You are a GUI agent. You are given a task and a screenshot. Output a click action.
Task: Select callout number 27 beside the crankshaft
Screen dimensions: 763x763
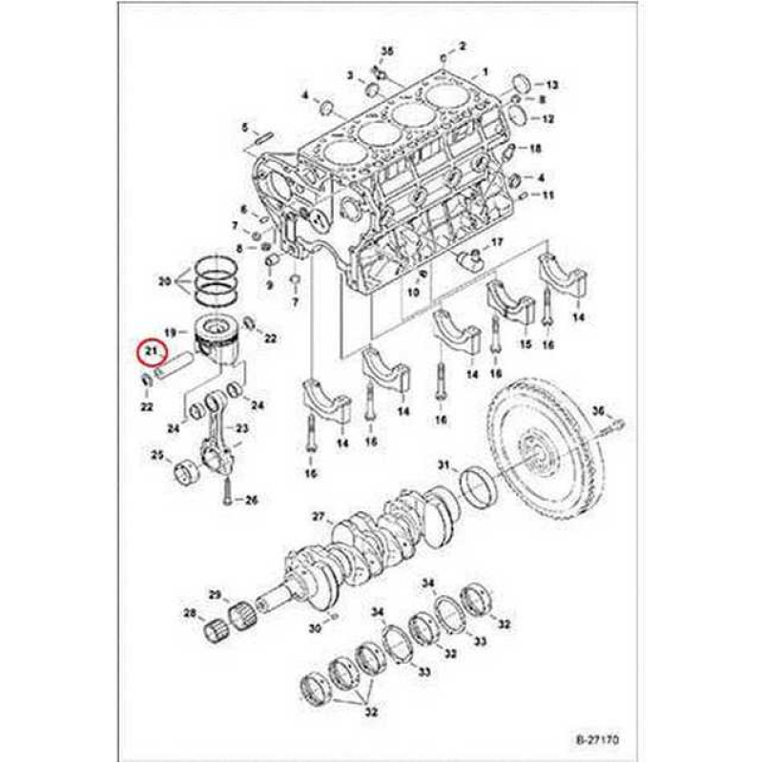[x=320, y=518]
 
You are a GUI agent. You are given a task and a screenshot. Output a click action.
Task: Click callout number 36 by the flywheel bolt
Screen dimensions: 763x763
[x=599, y=411]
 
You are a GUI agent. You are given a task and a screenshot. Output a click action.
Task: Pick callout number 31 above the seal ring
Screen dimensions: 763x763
[x=443, y=464]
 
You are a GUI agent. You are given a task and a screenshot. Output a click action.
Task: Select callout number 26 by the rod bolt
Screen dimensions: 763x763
[x=251, y=499]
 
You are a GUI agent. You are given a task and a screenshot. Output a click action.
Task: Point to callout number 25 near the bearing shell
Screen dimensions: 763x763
[x=156, y=456]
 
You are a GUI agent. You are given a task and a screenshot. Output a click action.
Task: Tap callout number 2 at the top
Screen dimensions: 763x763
[x=462, y=45]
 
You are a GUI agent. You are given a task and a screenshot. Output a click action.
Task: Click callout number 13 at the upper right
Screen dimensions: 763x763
[x=552, y=85]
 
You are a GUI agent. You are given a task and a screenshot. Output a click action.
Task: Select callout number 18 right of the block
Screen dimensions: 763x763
[x=535, y=149]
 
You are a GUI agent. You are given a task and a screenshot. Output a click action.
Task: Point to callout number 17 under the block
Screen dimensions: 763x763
[x=497, y=244]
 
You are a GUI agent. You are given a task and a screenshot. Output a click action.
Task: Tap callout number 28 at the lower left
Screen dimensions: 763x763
[x=189, y=612]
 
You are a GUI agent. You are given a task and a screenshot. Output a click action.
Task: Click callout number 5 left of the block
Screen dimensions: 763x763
[x=244, y=127]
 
